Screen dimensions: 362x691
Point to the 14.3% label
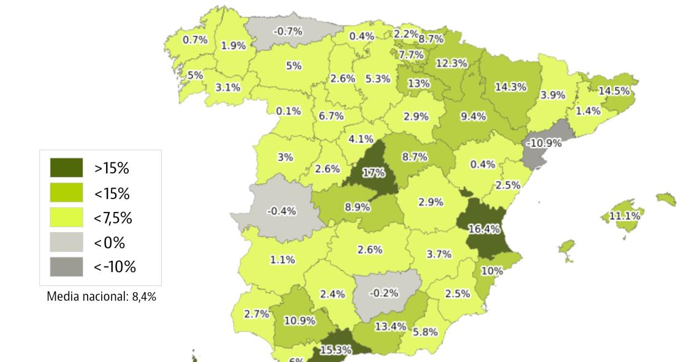pos(510,87)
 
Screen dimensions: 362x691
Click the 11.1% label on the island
pos(624,216)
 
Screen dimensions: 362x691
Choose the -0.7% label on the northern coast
pos(287,32)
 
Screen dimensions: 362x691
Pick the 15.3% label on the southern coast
pos(335,350)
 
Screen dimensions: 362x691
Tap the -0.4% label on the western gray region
pos(282,211)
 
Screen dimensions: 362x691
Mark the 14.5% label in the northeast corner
pos(614,91)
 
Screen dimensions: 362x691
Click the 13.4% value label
pos(390,326)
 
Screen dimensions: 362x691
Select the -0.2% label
pos(384,293)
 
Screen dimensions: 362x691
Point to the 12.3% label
pos(451,63)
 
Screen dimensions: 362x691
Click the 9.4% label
pos(473,116)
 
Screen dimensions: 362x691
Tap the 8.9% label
pos(357,207)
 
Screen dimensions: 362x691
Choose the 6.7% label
pos(331,116)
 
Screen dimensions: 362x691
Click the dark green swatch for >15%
pos(66,168)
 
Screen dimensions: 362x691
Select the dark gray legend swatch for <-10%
pos(66,267)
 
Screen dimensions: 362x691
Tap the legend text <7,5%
pos(113,218)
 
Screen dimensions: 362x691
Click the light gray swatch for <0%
pos(66,243)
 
